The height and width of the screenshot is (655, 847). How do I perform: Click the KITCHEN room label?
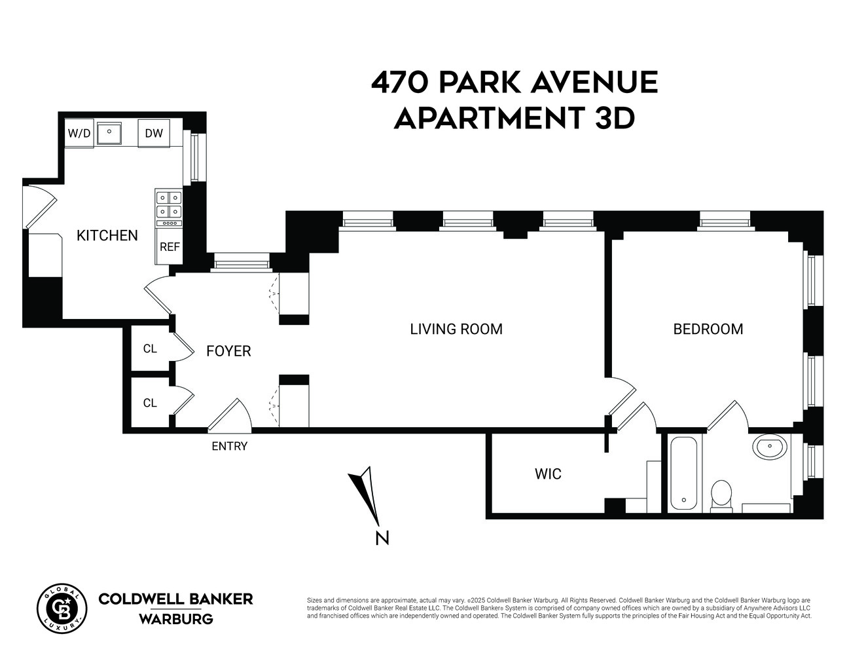tap(107, 235)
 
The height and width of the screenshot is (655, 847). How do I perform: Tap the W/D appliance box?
tap(79, 134)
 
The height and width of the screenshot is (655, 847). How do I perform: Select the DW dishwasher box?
tap(154, 134)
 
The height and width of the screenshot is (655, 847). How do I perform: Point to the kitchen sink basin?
tap(110, 133)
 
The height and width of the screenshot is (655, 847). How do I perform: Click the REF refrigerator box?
tap(170, 247)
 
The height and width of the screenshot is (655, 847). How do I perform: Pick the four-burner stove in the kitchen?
tap(169, 204)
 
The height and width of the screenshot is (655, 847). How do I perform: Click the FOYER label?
tap(228, 351)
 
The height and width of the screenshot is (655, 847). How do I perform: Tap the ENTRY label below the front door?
tap(229, 447)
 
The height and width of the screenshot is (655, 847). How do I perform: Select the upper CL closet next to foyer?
tap(150, 348)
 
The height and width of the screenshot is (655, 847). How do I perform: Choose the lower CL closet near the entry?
tap(150, 403)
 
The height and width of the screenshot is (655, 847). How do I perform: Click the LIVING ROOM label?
tap(456, 329)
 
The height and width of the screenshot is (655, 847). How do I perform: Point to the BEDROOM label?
tap(708, 329)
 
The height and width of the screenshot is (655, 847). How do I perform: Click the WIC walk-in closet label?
tap(548, 474)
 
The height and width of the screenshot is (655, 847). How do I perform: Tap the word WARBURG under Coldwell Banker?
tap(175, 619)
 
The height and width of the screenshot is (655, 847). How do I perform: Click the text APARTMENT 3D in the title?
tap(514, 119)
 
